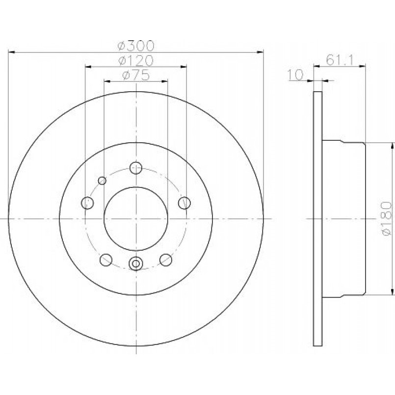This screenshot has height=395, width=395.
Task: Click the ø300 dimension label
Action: [135, 46]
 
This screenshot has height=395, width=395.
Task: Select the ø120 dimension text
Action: [135, 60]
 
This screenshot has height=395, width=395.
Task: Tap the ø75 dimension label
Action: [135, 75]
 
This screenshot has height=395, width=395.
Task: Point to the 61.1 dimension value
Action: [340, 60]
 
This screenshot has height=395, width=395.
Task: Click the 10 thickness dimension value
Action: [295, 75]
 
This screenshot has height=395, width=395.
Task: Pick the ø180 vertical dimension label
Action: [387, 218]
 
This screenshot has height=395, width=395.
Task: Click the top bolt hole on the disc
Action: [136, 168]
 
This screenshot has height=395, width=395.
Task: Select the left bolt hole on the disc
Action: [87, 203]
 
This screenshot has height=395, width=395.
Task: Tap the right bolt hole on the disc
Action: [184, 203]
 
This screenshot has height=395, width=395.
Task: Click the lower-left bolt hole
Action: [106, 260]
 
